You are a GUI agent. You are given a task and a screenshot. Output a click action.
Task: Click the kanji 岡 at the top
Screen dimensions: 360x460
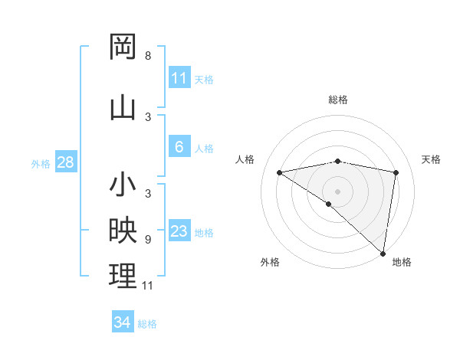[123, 47]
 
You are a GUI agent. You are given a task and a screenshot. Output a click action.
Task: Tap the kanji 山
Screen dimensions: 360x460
[123, 106]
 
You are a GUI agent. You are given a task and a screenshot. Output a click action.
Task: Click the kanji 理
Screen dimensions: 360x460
[123, 276]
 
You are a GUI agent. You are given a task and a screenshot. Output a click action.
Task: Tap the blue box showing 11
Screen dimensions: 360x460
[179, 78]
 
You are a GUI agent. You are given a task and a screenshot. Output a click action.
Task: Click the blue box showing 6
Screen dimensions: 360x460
[179, 147]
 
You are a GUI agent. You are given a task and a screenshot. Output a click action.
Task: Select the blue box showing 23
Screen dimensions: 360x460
[179, 231]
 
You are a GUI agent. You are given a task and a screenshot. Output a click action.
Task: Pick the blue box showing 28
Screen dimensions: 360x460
[65, 162]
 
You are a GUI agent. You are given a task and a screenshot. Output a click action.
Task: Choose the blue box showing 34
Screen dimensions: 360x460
[122, 322]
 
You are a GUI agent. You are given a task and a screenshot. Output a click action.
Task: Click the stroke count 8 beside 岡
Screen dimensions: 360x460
[148, 56]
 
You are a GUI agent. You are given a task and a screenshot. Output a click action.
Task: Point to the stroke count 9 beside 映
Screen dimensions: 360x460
[148, 239]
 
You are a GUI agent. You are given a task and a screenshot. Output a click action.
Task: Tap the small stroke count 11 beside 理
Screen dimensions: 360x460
[148, 286]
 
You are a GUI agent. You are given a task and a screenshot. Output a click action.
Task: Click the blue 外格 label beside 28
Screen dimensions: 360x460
[41, 163]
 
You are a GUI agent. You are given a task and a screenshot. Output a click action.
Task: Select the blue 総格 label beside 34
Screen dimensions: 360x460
[147, 324]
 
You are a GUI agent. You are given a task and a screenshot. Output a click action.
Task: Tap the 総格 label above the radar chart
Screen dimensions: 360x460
[337, 100]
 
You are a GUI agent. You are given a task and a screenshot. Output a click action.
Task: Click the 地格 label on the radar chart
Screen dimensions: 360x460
[402, 262]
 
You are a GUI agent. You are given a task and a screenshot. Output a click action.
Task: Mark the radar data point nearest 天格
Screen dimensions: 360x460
[396, 172]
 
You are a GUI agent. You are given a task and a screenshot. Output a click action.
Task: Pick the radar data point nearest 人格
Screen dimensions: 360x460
[280, 172]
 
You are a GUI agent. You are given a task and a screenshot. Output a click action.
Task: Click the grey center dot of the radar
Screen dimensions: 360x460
[337, 191]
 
